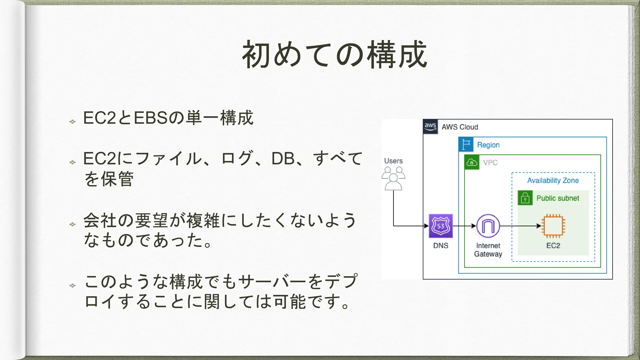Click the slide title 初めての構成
click(334, 55)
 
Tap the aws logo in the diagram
click(430, 127)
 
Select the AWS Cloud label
click(460, 127)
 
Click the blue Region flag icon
click(466, 145)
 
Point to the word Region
click(488, 145)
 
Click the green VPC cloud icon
click(472, 162)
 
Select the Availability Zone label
click(553, 181)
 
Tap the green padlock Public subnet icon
click(525, 198)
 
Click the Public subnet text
click(558, 198)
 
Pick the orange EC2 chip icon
click(553, 226)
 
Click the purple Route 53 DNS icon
click(441, 226)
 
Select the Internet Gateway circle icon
click(488, 226)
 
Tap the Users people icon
click(393, 179)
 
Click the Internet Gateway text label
click(488, 250)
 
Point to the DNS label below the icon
click(441, 246)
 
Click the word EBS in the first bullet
click(151, 118)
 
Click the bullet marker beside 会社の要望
click(72, 224)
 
